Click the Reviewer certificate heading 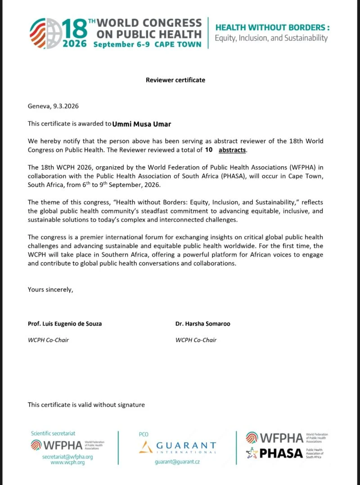[175, 80]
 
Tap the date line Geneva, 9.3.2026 [54, 106]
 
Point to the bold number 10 [208, 150]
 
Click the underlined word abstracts [233, 150]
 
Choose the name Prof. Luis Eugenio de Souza [65, 324]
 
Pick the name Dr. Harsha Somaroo [203, 324]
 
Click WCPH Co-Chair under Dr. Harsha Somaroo [196, 340]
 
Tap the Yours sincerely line [50, 290]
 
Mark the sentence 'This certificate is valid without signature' [86, 405]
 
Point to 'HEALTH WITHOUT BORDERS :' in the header [272, 27]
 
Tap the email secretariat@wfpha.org [61, 457]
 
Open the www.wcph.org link [61, 463]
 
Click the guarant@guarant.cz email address [177, 462]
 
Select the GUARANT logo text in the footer [185, 445]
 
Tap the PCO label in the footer [144, 434]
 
